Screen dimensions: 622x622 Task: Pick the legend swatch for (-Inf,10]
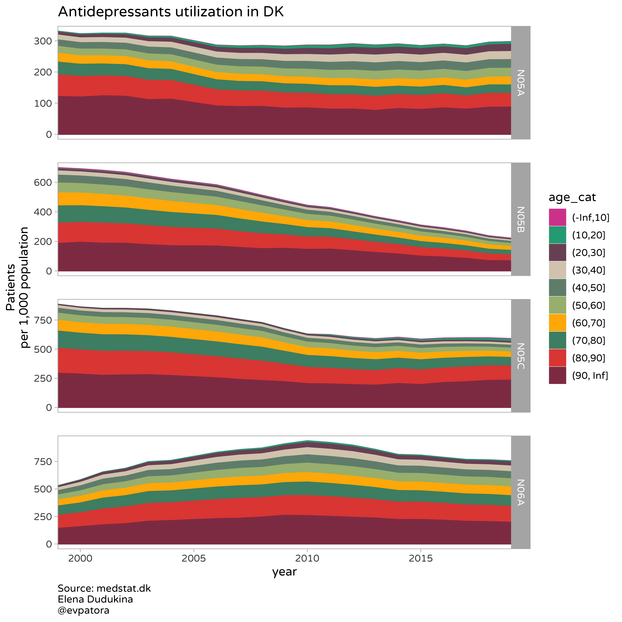click(x=557, y=217)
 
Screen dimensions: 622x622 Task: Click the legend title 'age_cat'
click(x=572, y=197)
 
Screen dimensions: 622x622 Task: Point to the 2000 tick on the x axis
click(x=80, y=558)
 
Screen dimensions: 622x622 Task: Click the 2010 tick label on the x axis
click(x=307, y=558)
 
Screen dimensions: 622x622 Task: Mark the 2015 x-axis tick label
click(x=421, y=558)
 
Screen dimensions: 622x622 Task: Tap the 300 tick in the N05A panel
click(x=43, y=41)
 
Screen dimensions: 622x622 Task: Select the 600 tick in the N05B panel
click(x=43, y=183)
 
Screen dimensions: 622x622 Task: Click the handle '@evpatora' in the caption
click(x=83, y=610)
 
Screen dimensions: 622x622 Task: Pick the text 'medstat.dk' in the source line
click(x=124, y=588)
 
